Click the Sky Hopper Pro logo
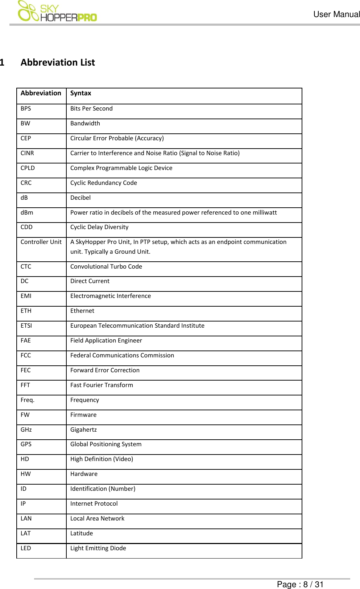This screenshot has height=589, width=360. pyautogui.click(x=57, y=12)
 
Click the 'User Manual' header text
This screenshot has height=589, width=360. pyautogui.click(x=336, y=14)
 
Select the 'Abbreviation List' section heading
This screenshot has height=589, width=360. pyautogui.click(x=58, y=63)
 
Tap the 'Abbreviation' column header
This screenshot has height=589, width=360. pyautogui.click(x=41, y=94)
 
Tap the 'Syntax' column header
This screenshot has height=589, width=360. pyautogui.click(x=80, y=94)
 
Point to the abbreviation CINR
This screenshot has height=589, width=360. pyautogui.click(x=27, y=153)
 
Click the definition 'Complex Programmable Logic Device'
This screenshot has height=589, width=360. pyautogui.click(x=121, y=168)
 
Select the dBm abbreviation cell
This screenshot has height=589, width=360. pyautogui.click(x=27, y=213)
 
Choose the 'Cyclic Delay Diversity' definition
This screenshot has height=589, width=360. pyautogui.click(x=99, y=227)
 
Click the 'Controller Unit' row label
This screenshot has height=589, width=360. pyautogui.click(x=41, y=242)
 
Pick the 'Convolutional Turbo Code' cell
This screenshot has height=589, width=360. pyautogui.click(x=106, y=267)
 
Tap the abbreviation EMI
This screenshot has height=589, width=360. pyautogui.click(x=26, y=296)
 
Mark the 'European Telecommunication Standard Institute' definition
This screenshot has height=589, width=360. pyautogui.click(x=137, y=326)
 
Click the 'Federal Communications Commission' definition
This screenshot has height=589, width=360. pyautogui.click(x=122, y=356)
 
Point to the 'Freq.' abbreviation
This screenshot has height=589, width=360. pyautogui.click(x=28, y=400)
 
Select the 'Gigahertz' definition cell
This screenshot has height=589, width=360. pyautogui.click(x=83, y=430)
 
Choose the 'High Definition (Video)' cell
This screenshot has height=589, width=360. pyautogui.click(x=102, y=459)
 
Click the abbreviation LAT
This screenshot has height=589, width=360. pyautogui.click(x=26, y=534)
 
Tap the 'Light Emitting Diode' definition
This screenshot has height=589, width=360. pyautogui.click(x=98, y=548)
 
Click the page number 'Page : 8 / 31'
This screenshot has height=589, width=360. pyautogui.click(x=300, y=584)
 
